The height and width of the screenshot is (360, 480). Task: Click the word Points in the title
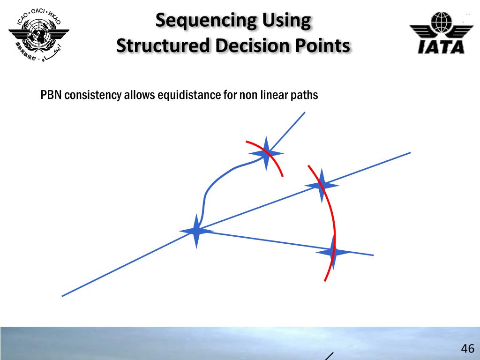pyautogui.click(x=323, y=46)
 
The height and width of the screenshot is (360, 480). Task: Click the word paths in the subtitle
pyautogui.click(x=305, y=95)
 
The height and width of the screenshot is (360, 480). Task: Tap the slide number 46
pyautogui.click(x=467, y=349)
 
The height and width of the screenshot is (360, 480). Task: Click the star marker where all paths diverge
pyautogui.click(x=196, y=231)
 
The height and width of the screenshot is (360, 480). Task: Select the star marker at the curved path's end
pyautogui.click(x=266, y=153)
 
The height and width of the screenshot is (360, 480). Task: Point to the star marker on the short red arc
pyautogui.click(x=266, y=153)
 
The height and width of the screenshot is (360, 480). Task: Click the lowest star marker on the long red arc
pyautogui.click(x=333, y=252)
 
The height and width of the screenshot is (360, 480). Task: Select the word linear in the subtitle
pyautogui.click(x=275, y=95)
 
